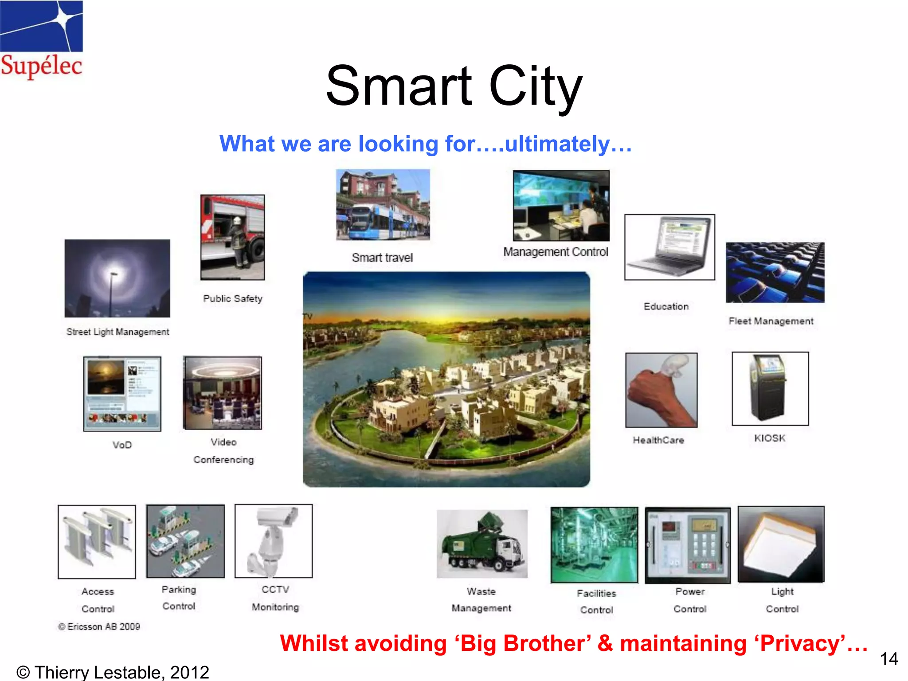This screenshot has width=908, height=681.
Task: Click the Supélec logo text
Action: click(x=41, y=66)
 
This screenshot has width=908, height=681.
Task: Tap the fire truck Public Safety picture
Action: click(x=232, y=237)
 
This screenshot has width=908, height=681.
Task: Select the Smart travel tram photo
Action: click(x=383, y=204)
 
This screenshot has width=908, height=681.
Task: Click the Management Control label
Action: click(x=556, y=252)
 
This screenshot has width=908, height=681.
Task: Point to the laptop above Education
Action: click(x=669, y=247)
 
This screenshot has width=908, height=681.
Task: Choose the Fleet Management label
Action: click(x=771, y=321)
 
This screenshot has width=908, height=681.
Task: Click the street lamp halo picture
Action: click(x=117, y=278)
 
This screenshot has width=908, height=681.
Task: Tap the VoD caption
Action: click(x=122, y=445)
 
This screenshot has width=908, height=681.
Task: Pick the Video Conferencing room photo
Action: click(x=223, y=393)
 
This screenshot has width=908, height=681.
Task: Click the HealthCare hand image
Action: click(x=661, y=390)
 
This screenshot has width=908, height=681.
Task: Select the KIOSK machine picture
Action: click(x=770, y=388)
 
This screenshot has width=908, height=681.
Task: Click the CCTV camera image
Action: click(x=274, y=541)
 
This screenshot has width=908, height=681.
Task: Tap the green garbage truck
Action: click(x=482, y=544)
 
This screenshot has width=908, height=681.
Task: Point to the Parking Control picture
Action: click(x=185, y=541)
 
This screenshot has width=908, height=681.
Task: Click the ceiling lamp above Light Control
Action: click(x=781, y=544)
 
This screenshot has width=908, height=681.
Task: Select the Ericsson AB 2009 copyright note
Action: click(x=99, y=626)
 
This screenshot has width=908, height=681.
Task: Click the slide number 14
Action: click(x=888, y=659)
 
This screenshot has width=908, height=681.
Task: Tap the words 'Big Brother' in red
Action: click(x=523, y=643)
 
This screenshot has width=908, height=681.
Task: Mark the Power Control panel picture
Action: click(x=687, y=545)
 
